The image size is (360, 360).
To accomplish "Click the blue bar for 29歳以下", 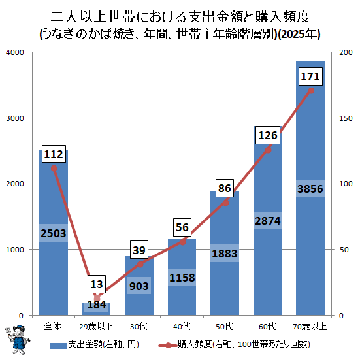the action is (x=97, y=309).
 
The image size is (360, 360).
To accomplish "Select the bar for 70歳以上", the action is (x=310, y=188).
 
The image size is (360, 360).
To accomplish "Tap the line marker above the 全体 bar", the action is (x=54, y=169).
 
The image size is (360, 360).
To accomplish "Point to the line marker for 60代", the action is (x=268, y=150).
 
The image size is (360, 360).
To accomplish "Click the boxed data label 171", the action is (x=310, y=76).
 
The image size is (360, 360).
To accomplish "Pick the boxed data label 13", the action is (x=97, y=284).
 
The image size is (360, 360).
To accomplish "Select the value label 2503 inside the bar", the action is (x=54, y=233).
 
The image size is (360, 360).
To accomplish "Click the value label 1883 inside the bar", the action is (x=225, y=254).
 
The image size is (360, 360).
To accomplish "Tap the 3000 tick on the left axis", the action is (x=15, y=118).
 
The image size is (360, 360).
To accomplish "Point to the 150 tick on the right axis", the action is (x=346, y=118).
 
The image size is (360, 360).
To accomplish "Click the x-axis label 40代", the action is (x=182, y=326).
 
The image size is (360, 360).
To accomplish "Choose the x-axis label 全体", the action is (x=52, y=326).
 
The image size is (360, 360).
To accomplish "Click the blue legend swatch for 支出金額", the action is (x=59, y=346).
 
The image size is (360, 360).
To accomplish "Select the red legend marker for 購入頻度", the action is (x=168, y=345).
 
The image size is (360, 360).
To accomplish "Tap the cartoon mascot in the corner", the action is (x=17, y=340).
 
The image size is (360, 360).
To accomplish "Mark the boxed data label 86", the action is (x=225, y=188).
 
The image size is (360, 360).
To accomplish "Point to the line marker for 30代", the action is (x=140, y=264).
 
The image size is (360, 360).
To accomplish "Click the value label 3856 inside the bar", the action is (x=310, y=189).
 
